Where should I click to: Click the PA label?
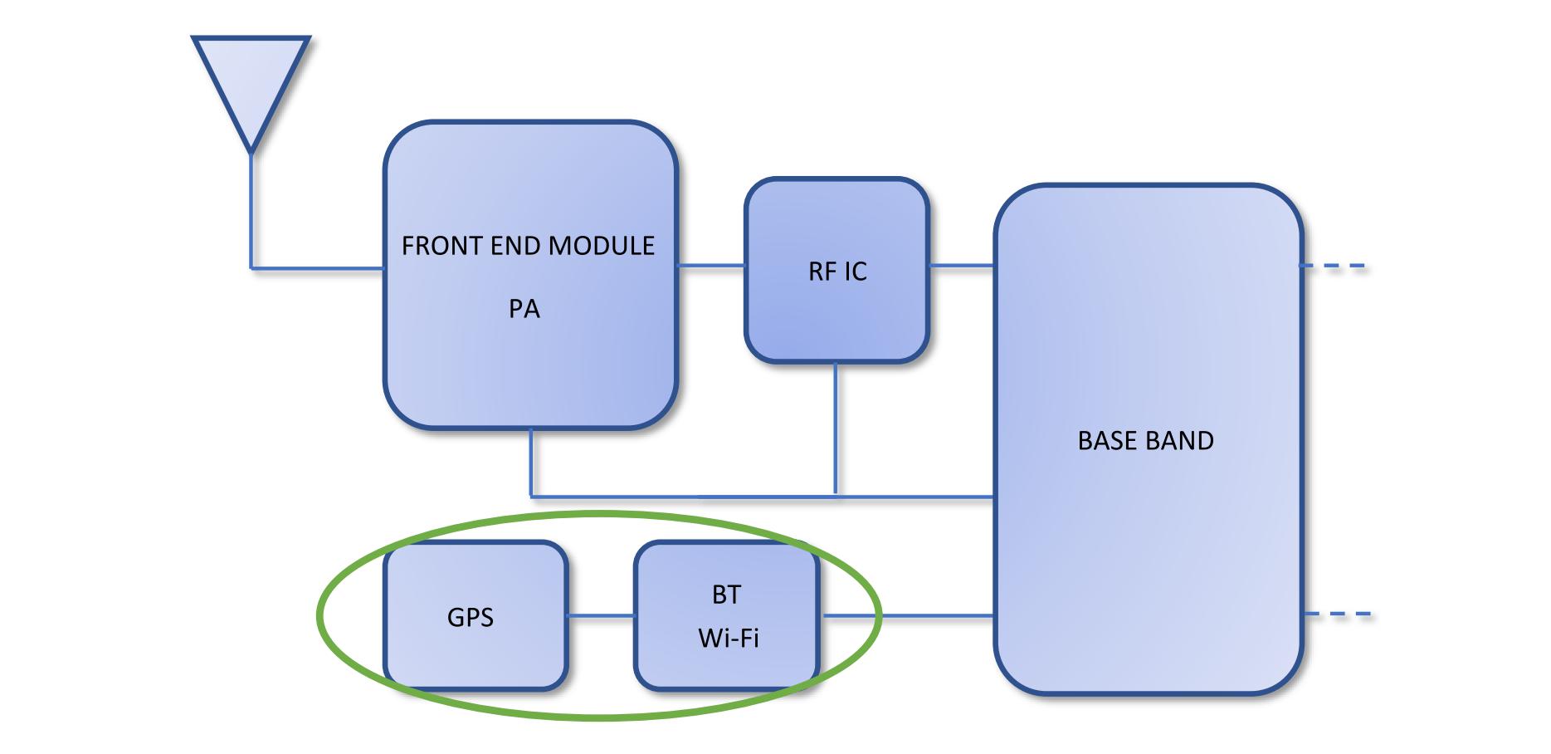pyautogui.click(x=524, y=309)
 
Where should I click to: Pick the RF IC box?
pyautogui.click(x=836, y=270)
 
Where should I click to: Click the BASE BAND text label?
pyautogui.click(x=1145, y=440)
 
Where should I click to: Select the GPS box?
pyautogui.click(x=476, y=615)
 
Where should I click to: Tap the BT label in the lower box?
pyautogui.click(x=726, y=595)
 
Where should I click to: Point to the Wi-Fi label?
pyautogui.click(x=729, y=638)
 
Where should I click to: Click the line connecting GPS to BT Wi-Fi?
pyautogui.click(x=602, y=615)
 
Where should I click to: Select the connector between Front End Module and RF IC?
pyautogui.click(x=711, y=266)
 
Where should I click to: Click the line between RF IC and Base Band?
pyautogui.click(x=962, y=266)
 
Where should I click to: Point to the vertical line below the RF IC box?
pyautogui.click(x=836, y=429)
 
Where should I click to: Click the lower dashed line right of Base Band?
pyautogui.click(x=1338, y=614)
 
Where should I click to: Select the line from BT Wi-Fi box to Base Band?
pyautogui.click(x=907, y=615)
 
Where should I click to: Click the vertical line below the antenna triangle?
pyautogui.click(x=251, y=211)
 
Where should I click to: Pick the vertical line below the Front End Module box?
pyautogui.click(x=531, y=462)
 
